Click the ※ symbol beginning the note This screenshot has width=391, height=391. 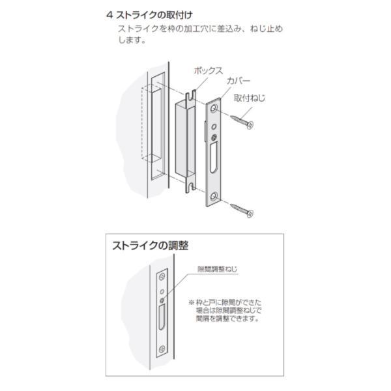tap(192, 302)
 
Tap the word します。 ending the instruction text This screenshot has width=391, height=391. tap(131, 40)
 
